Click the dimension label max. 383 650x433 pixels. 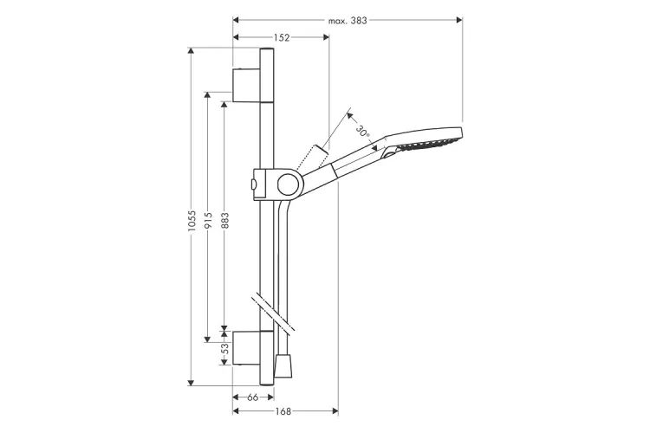[348, 21]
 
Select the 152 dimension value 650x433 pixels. [282, 38]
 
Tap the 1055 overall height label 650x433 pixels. [192, 221]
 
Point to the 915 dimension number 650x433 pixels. [208, 221]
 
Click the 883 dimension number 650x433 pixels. [224, 221]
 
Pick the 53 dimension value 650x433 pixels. [224, 348]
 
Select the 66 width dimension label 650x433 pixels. [253, 397]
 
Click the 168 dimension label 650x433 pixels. [283, 411]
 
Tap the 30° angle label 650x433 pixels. [363, 131]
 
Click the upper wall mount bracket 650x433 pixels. [247, 86]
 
